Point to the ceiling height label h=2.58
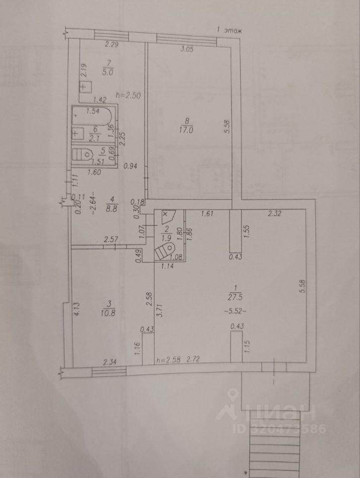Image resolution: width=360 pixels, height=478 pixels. (x=167, y=359)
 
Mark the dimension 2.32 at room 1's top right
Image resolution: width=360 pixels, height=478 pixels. (x=275, y=215)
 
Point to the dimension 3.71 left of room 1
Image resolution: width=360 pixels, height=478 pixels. (x=159, y=312)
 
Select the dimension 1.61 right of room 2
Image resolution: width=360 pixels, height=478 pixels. (x=207, y=215)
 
